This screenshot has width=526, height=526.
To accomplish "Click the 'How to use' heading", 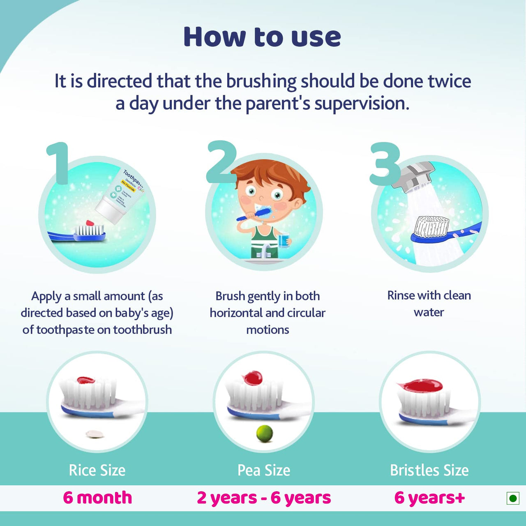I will [x=262, y=37].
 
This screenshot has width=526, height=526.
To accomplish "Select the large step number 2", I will [x=221, y=162].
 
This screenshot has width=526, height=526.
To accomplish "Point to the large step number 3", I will [x=385, y=164].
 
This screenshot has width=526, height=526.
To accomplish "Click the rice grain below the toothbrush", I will [x=95, y=434].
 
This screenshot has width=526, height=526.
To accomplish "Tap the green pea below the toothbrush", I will [x=265, y=434].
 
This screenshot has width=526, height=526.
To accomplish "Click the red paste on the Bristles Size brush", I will [x=421, y=385].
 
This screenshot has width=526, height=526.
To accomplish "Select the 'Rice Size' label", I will [x=97, y=470].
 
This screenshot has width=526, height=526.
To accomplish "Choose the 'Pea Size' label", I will [x=264, y=470].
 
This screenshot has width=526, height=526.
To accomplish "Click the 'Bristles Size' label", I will [x=429, y=470].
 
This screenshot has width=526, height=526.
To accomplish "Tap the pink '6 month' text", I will [x=97, y=498].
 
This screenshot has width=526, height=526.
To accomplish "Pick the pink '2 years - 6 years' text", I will [x=264, y=498].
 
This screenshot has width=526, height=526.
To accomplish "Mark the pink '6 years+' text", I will [x=429, y=498].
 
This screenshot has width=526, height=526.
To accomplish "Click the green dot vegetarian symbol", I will [x=512, y=498].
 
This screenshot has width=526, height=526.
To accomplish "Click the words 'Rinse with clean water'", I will [x=429, y=304].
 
